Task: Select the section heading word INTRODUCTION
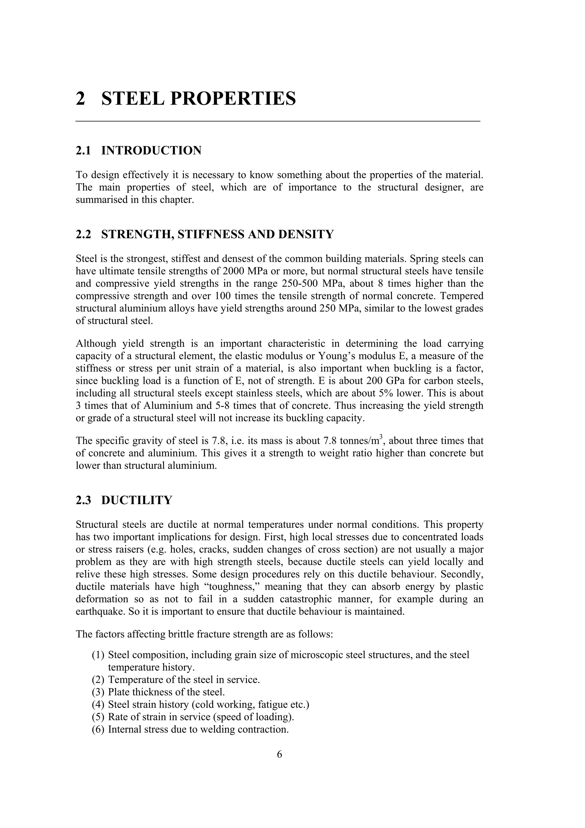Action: (x=151, y=150)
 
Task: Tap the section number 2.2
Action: (x=83, y=234)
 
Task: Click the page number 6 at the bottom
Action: (x=279, y=754)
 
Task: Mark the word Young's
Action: (x=333, y=356)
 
